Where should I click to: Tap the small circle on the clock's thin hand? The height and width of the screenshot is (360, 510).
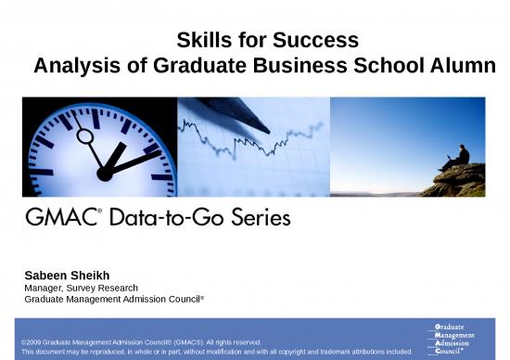(84, 136)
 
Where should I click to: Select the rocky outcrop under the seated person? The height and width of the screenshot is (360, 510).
(454, 181)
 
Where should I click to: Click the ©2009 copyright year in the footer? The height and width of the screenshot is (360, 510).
(33, 342)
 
